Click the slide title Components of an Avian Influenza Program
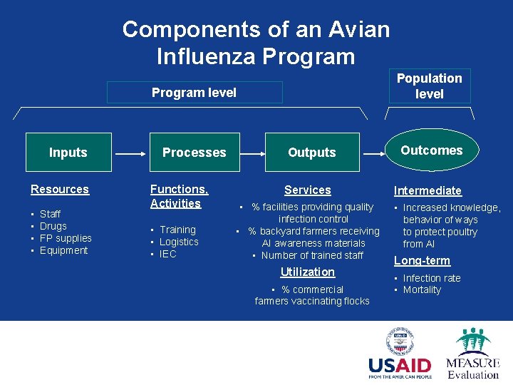[x=256, y=43]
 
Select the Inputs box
[x=68, y=153]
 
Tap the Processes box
[x=194, y=153]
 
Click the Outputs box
[x=311, y=153]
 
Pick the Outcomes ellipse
[x=431, y=150]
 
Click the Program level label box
[x=195, y=93]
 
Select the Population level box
[x=430, y=86]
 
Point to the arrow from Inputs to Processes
[x=130, y=153]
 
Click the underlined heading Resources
[x=60, y=190]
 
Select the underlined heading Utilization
[x=307, y=272]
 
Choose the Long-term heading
[x=422, y=261]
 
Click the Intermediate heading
[x=427, y=191]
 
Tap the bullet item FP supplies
[x=66, y=238]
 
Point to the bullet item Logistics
[x=179, y=242]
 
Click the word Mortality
[x=422, y=290]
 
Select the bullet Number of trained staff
[x=312, y=255]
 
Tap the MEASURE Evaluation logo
[x=472, y=354]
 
